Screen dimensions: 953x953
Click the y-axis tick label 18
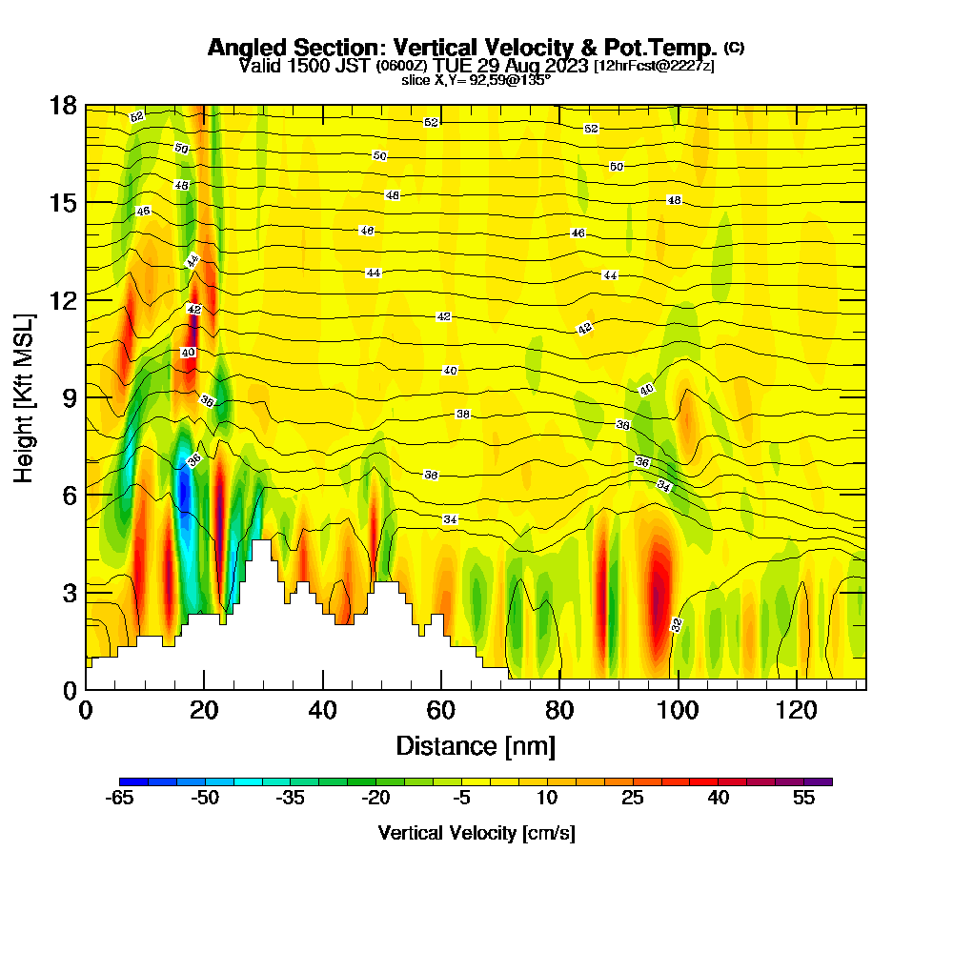coord(63,105)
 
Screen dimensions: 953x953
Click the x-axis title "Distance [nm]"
coord(476,744)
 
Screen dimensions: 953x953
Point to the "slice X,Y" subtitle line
coord(476,80)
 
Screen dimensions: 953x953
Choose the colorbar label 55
coord(803,799)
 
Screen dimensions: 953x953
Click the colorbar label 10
coord(547,799)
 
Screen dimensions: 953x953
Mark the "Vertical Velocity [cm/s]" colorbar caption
coord(476,833)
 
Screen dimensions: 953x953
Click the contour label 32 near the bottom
coord(677,625)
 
